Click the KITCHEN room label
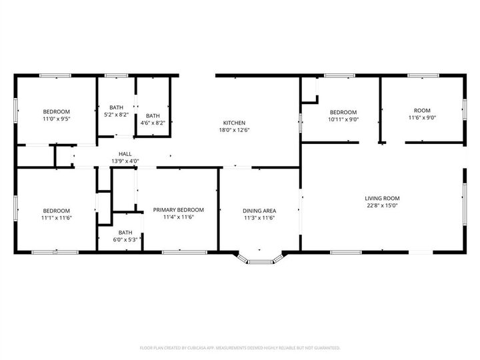pyautogui.click(x=234, y=123)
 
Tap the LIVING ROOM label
pyautogui.click(x=381, y=198)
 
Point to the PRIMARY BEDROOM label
pyautogui.click(x=178, y=209)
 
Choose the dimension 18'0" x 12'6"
pyautogui.click(x=234, y=131)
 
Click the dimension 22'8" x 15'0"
pyautogui.click(x=381, y=206)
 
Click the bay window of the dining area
pyautogui.click(x=259, y=261)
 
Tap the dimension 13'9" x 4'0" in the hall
pyautogui.click(x=125, y=161)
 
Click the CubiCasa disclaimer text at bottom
pyautogui.click(x=239, y=347)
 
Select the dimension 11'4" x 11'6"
pyautogui.click(x=178, y=217)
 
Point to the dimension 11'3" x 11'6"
pyautogui.click(x=259, y=217)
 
